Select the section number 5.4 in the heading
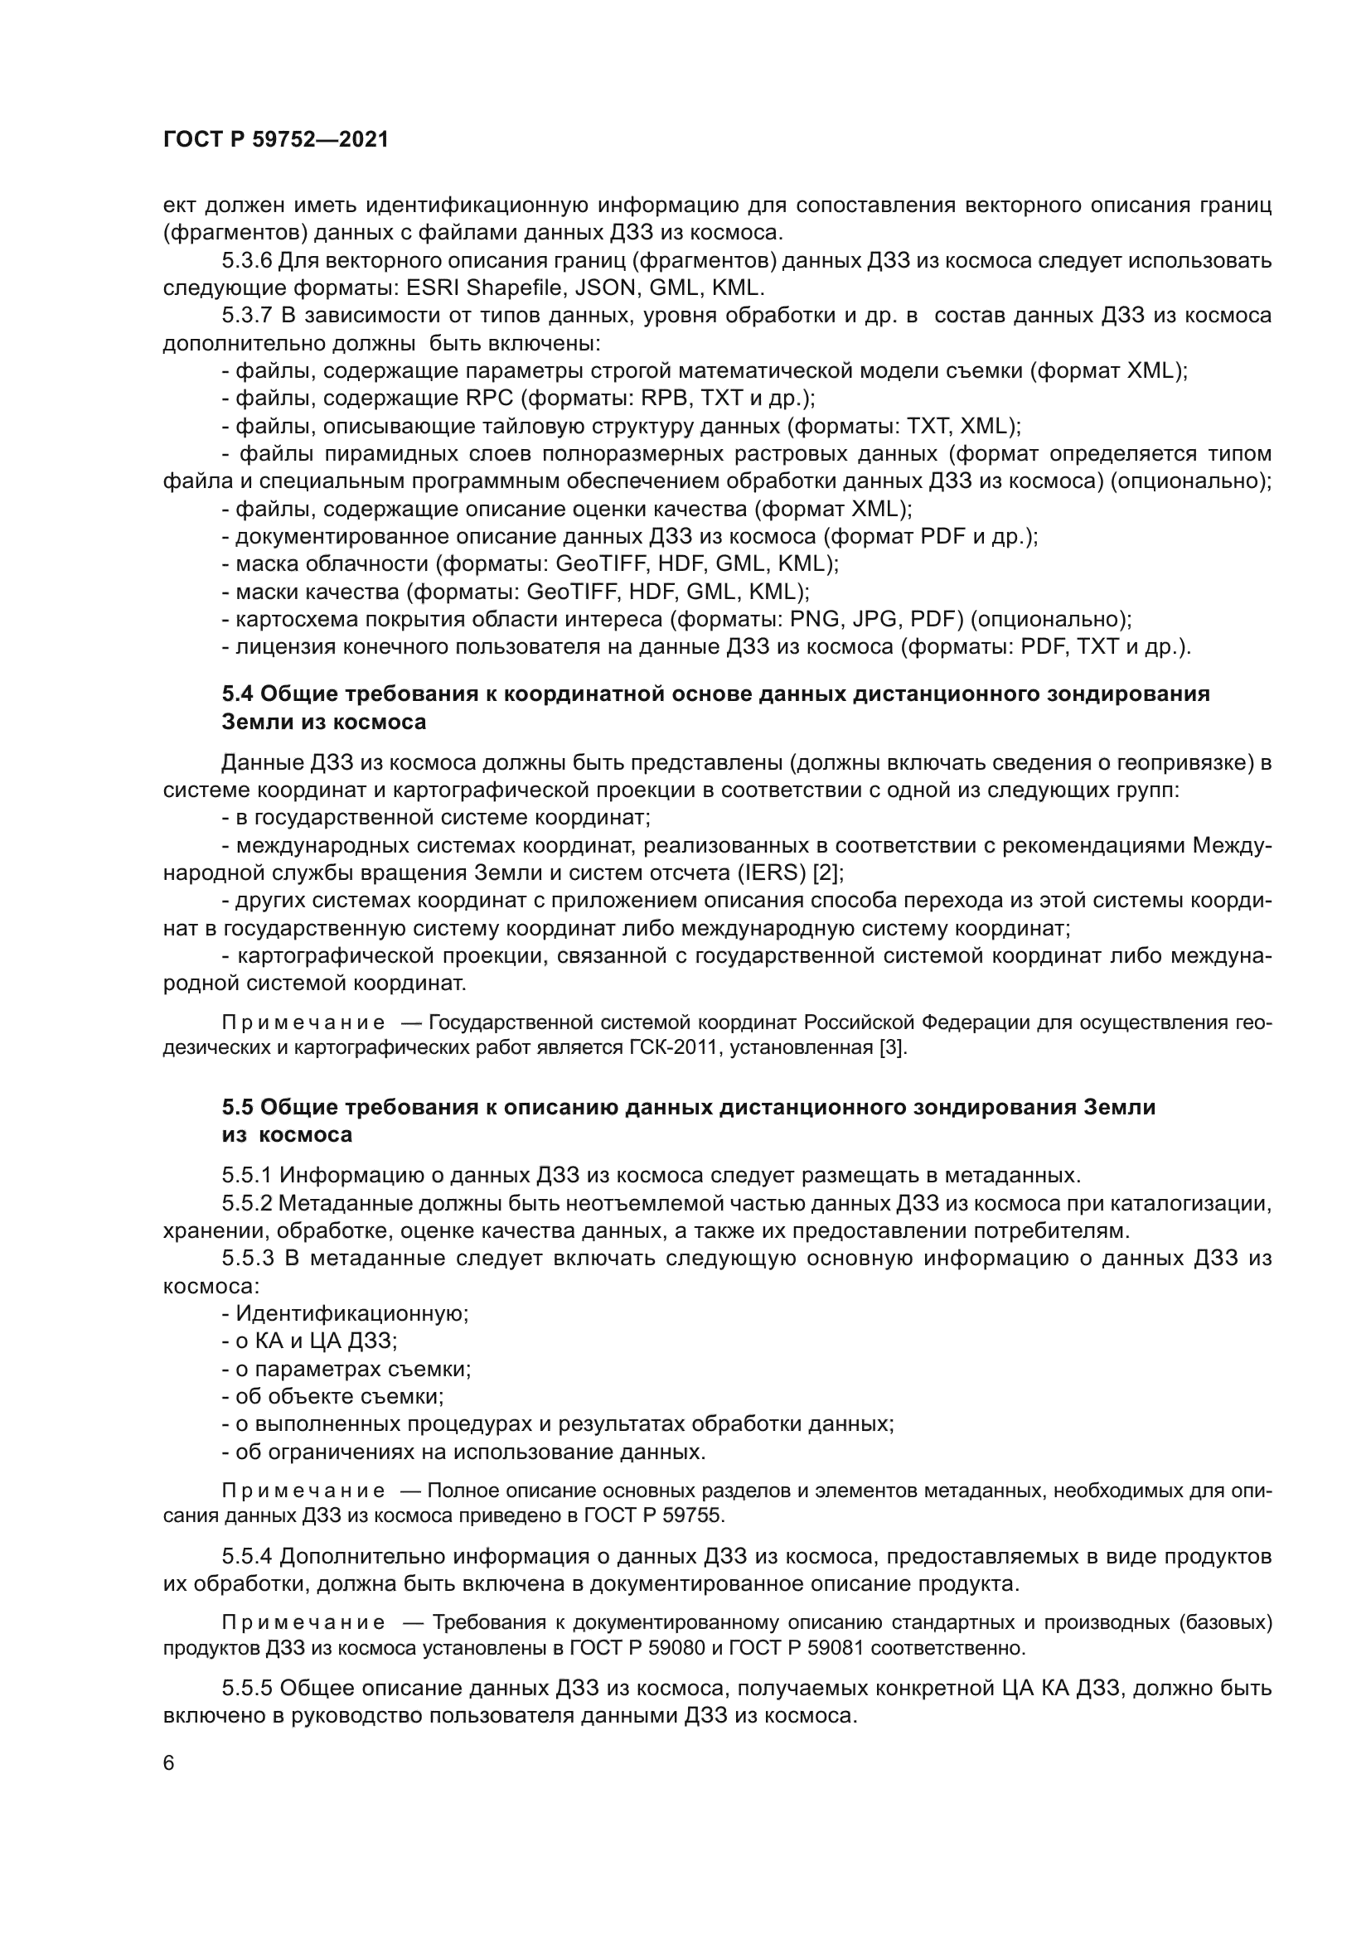(237, 694)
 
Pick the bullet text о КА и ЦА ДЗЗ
(315, 1342)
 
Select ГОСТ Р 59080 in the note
(637, 1648)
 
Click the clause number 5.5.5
(245, 1689)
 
